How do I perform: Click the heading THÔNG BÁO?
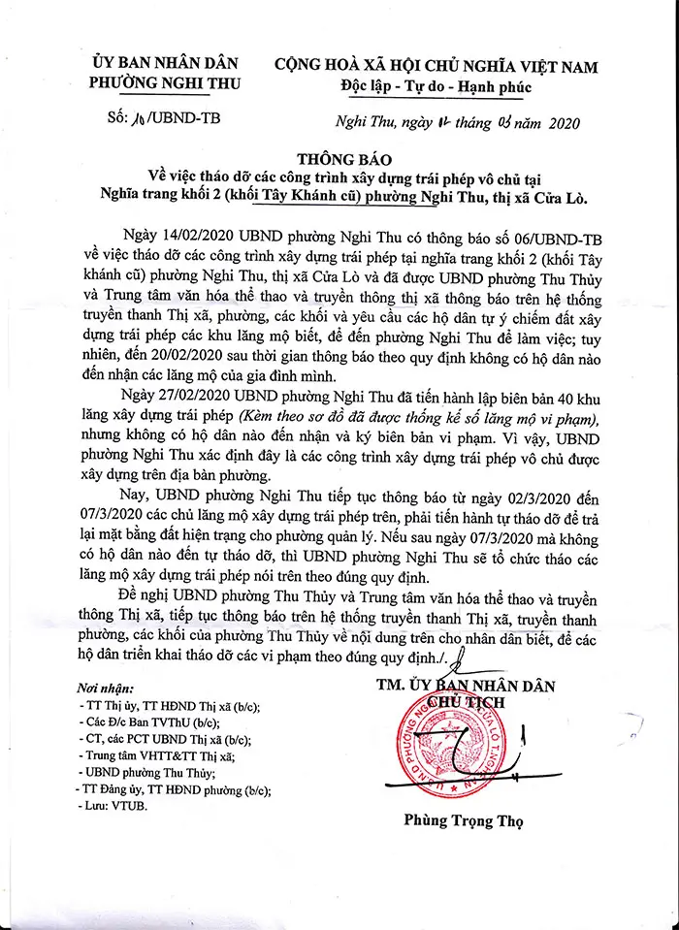click(339, 158)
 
